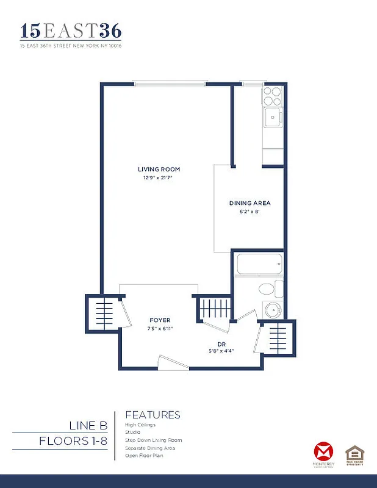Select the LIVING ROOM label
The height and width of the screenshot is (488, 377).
pos(159,169)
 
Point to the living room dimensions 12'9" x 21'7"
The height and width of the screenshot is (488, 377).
pos(159,178)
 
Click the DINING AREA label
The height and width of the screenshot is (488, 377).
pos(250,203)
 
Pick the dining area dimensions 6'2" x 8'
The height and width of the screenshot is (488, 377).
pos(250,212)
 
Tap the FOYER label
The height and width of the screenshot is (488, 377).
pos(160,320)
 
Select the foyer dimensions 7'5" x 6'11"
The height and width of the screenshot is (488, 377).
pos(160,329)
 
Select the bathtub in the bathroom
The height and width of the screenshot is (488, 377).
pos(259,265)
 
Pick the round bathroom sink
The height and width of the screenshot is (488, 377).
pos(271,310)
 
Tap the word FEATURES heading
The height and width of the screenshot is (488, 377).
pos(153,415)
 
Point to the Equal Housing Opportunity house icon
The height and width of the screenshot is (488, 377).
pos(354,453)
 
